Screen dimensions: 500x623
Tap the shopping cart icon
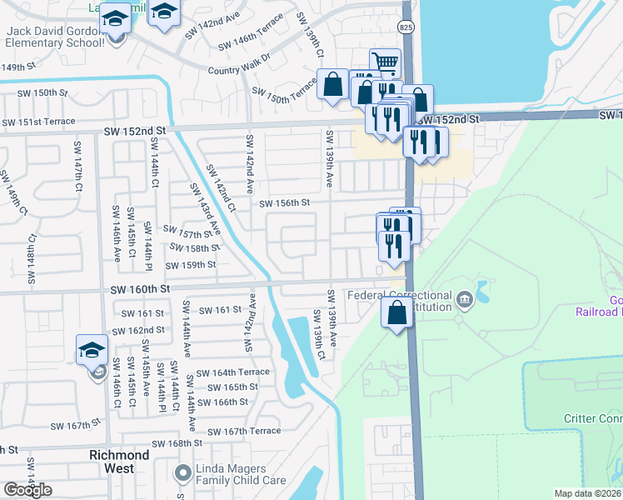point(385,62)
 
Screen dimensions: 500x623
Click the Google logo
point(27,490)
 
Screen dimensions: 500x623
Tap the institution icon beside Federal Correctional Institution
point(465,297)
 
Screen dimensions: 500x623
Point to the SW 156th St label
point(284,202)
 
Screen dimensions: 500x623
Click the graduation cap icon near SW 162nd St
point(92,350)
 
